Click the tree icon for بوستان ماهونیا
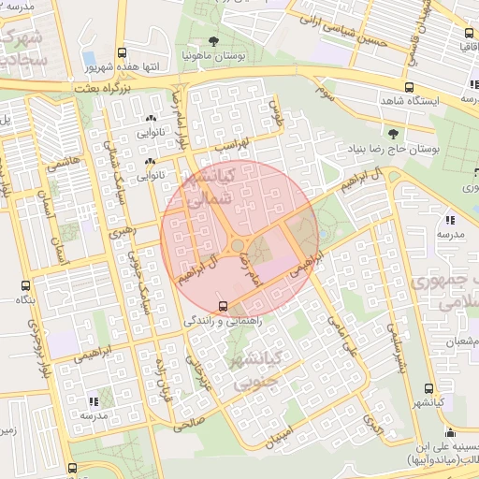(214, 41)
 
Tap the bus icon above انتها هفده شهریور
(122, 53)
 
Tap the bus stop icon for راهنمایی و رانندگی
(222, 305)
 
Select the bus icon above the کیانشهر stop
(428, 388)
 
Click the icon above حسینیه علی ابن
(451, 433)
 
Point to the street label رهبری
(121, 230)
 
